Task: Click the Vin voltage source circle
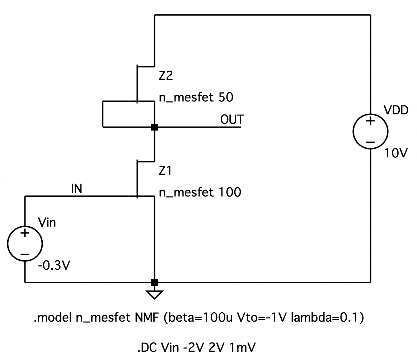point(25,244)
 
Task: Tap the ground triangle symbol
point(154,294)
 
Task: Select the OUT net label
point(232,120)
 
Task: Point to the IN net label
point(76,189)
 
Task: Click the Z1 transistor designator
point(166,171)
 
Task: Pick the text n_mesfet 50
point(196,97)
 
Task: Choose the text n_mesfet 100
point(200,193)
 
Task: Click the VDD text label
point(396,110)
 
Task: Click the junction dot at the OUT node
point(154,127)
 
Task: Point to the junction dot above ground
point(154,283)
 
